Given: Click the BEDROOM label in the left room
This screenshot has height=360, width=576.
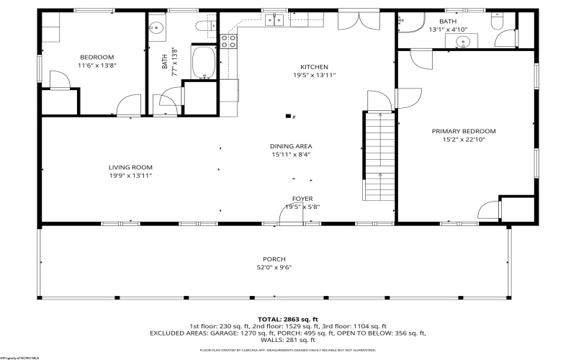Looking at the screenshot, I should pyautogui.click(x=96, y=57).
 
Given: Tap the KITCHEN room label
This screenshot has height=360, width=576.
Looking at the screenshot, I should pyautogui.click(x=314, y=67).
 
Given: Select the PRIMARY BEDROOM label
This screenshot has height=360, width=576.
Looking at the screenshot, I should pyautogui.click(x=464, y=131).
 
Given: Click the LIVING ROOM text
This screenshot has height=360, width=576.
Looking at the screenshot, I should pyautogui.click(x=130, y=167).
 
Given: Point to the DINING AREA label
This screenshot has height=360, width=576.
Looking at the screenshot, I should pyautogui.click(x=291, y=146).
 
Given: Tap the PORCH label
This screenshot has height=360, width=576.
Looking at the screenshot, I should pyautogui.click(x=274, y=259).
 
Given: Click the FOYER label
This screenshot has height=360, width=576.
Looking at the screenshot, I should pyautogui.click(x=302, y=199).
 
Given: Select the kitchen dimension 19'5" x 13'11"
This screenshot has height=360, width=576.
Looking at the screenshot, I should pyautogui.click(x=314, y=75).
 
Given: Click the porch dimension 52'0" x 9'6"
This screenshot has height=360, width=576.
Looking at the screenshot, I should pyautogui.click(x=274, y=267).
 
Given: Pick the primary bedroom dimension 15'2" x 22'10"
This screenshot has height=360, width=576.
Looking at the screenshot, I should pyautogui.click(x=464, y=139).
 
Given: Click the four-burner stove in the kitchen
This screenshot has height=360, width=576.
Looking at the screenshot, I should pyautogui.click(x=229, y=41).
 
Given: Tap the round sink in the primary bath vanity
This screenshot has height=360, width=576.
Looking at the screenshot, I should pyautogui.click(x=458, y=42).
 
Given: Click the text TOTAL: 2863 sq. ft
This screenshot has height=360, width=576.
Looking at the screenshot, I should pyautogui.click(x=288, y=319).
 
